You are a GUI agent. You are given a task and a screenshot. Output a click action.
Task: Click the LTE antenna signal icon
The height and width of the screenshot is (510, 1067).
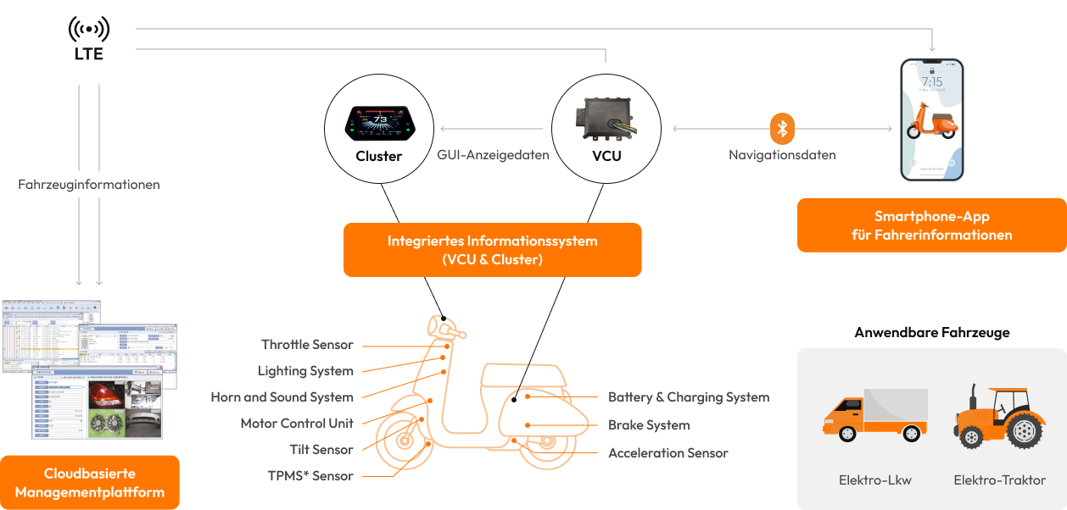coord(89,29)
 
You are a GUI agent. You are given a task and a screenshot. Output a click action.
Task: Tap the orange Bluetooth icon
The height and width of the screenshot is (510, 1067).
coord(783,129)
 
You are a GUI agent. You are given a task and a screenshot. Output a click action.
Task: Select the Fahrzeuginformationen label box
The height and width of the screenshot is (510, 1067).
coord(89,184)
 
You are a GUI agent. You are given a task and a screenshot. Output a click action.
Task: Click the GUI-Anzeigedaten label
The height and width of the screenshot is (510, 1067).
coord(493,155)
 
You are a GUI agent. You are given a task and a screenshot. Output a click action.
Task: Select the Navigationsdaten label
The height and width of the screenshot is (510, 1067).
coord(782,155)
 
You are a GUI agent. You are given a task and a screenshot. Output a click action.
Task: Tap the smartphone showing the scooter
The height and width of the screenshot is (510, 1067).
coord(931,119)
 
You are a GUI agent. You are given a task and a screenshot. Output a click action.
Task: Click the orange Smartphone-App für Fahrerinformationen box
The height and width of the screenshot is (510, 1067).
coord(931,225)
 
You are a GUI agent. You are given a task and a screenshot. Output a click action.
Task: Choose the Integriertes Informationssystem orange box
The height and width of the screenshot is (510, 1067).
coord(492,250)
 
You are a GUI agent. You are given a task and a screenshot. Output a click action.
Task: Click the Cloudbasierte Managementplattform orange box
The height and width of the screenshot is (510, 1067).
coord(89,483)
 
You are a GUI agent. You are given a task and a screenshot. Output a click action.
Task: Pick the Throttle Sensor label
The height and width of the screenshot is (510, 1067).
coord(307,345)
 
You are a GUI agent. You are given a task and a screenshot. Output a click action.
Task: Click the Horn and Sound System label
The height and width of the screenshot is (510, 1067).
coord(282,397)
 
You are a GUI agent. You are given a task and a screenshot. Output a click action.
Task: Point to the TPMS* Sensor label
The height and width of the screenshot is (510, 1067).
coord(310,476)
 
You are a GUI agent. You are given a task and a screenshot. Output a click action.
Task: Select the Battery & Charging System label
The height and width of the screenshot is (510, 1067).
coord(689,397)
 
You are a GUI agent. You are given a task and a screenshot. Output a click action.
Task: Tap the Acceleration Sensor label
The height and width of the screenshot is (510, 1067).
coord(668,453)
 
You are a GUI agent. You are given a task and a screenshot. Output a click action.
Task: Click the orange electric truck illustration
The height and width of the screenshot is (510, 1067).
coord(874,415)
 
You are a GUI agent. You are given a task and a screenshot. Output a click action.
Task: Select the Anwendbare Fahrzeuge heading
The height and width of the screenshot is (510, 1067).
coord(931,332)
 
